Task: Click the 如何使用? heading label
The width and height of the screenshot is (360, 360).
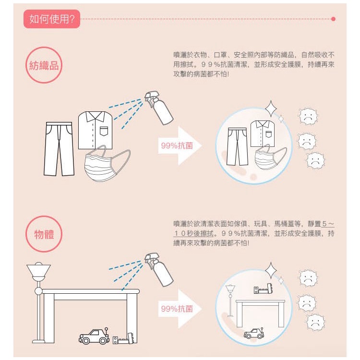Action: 51,19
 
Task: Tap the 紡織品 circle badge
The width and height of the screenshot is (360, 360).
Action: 44,65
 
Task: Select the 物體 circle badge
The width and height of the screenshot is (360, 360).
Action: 44,235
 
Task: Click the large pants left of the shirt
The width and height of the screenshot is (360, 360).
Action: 60,148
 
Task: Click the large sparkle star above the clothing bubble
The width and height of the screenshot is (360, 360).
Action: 271,108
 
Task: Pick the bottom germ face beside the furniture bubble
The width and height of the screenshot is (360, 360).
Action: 315,322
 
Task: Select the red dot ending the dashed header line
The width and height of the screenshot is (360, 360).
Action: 333,19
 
